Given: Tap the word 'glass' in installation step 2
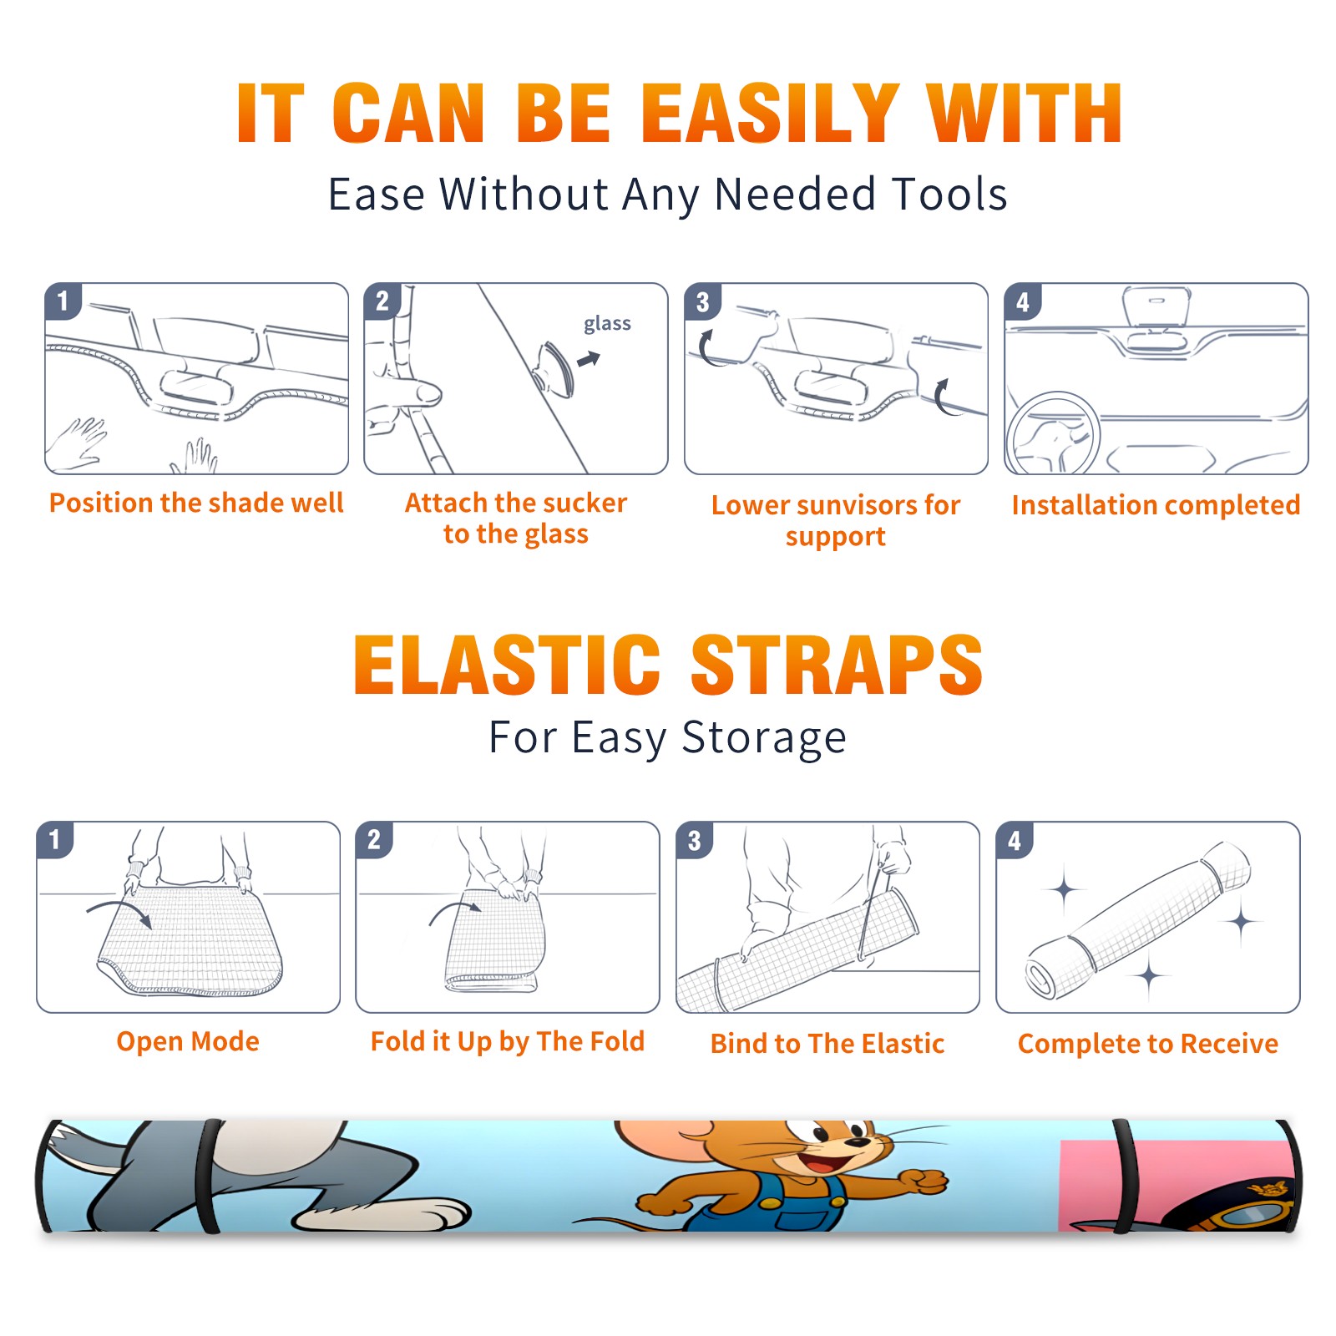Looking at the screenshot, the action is (x=607, y=324).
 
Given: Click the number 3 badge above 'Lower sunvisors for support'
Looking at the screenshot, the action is (x=702, y=302).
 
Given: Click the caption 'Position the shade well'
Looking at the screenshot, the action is (x=196, y=503).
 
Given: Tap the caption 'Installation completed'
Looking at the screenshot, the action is (x=1156, y=505).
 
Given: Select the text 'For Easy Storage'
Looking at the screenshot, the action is (x=667, y=738).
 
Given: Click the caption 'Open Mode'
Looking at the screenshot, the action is (x=188, y=1041).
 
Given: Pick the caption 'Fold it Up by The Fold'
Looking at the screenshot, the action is (x=508, y=1042).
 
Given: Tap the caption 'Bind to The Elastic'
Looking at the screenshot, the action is (x=827, y=1044).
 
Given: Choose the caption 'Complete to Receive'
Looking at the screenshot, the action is (x=1148, y=1044).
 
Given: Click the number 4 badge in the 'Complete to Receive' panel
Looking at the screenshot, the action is (x=1015, y=840).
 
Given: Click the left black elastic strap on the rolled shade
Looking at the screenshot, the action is (x=208, y=1176).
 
